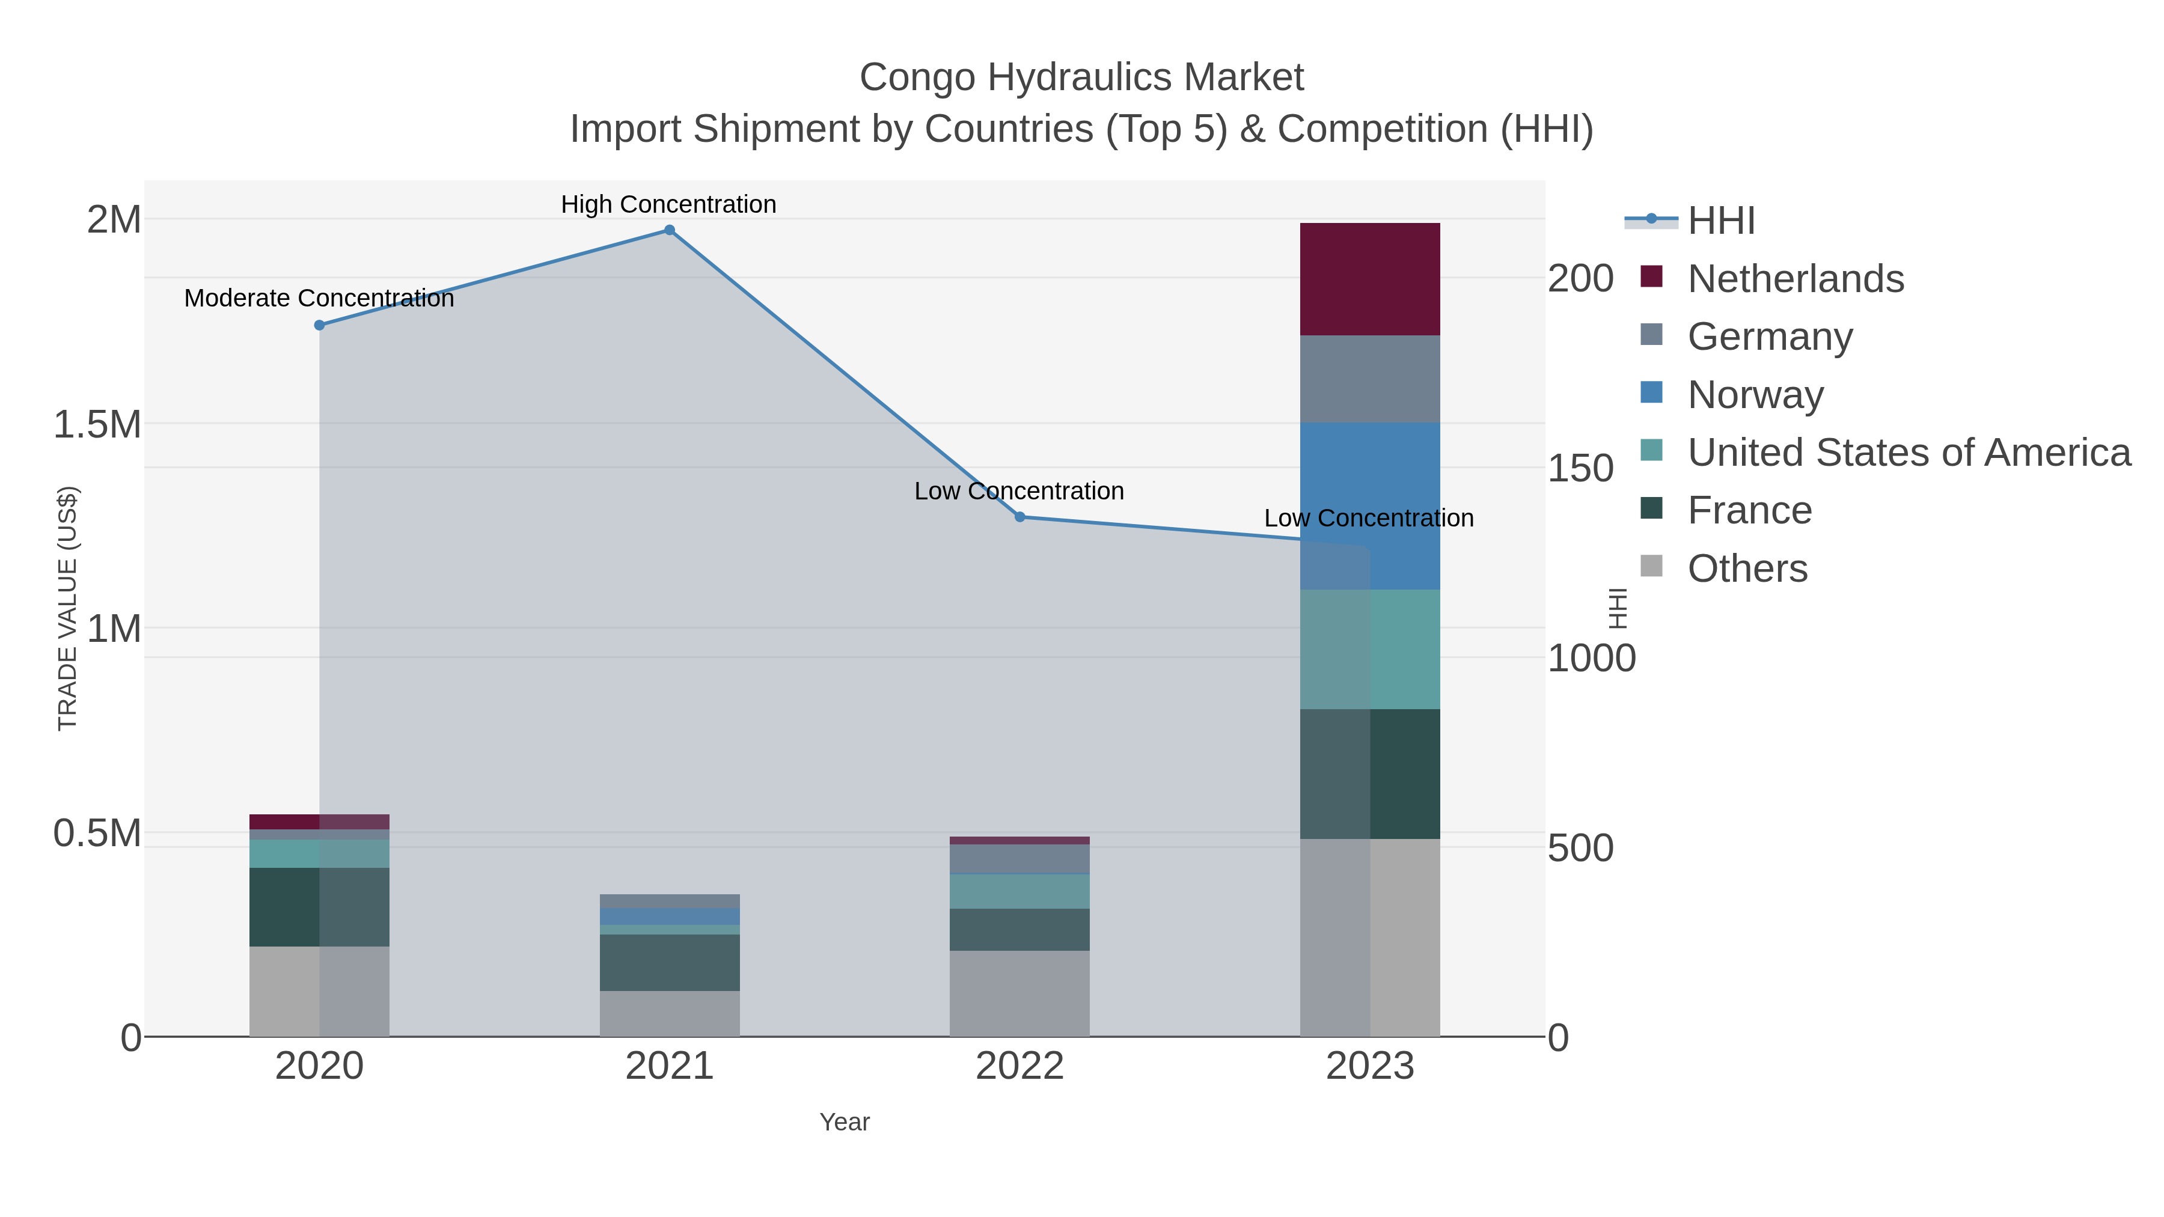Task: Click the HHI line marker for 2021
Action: point(670,230)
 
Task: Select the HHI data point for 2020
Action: point(319,325)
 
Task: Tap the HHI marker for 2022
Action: point(1020,516)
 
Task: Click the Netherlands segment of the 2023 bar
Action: point(1369,279)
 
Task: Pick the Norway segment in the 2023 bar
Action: point(1369,505)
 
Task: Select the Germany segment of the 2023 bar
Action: point(1369,379)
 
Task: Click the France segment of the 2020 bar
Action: point(319,907)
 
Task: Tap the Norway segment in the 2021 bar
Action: point(670,917)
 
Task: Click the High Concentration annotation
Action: point(668,204)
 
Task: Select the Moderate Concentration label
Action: point(319,298)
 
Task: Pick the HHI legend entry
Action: point(1720,220)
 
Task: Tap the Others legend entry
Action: point(1747,568)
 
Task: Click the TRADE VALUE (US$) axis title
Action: point(67,608)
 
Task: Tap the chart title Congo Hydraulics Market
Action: point(1081,78)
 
